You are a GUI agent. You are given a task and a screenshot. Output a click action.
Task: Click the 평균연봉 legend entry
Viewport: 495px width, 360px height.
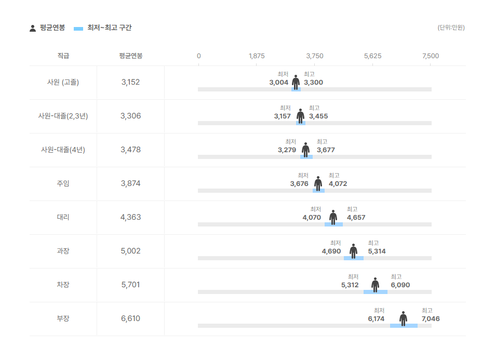pos(47,28)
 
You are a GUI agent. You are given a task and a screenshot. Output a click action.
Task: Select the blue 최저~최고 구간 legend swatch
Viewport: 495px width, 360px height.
pos(78,29)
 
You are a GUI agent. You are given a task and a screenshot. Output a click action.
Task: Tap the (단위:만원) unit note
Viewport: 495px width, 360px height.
pos(451,28)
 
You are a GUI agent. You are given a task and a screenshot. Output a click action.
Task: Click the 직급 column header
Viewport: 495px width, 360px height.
pos(63,56)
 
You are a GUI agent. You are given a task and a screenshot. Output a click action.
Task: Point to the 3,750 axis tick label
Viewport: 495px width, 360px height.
pos(315,56)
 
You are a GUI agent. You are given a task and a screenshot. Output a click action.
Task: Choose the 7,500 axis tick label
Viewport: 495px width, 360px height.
pos(431,56)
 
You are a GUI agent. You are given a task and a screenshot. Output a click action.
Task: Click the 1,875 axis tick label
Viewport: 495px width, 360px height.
pos(257,56)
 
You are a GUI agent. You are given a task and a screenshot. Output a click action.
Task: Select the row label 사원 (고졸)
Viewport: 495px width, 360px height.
pos(63,82)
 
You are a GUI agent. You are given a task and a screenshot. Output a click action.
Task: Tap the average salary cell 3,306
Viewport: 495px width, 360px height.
pos(130,116)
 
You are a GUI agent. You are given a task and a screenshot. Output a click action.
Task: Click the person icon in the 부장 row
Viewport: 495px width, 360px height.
pos(403,318)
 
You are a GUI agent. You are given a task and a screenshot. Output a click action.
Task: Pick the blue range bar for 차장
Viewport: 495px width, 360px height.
pos(375,292)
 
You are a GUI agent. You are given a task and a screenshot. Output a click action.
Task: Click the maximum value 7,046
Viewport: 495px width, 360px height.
pos(431,319)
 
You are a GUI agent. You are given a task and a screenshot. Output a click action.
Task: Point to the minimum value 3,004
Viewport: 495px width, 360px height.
pos(279,83)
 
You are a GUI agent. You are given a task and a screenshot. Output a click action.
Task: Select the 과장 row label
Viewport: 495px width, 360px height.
pos(63,251)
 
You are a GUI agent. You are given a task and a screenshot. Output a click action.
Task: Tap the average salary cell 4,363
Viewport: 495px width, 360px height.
pos(130,217)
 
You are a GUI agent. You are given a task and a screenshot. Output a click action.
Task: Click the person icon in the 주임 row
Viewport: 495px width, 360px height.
pos(318,183)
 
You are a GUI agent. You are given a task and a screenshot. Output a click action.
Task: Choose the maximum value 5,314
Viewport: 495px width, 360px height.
pos(377,251)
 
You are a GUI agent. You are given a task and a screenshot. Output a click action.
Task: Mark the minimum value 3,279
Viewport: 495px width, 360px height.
pos(287,150)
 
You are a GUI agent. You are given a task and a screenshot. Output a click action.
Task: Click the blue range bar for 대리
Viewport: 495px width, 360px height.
pos(333,224)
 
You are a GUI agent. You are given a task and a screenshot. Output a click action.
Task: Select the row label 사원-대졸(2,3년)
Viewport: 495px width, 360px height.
pos(63,116)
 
